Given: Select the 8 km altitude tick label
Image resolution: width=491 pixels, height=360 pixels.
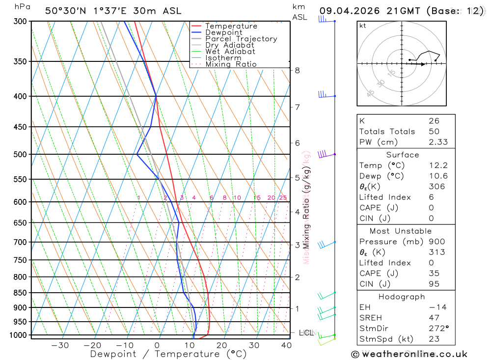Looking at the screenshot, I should pyautogui.click(x=298, y=70).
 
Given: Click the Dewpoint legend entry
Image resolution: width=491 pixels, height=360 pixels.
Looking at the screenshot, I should pyautogui.click(x=223, y=32).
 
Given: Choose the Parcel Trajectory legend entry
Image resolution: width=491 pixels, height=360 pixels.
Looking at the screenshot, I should pyautogui.click(x=241, y=39).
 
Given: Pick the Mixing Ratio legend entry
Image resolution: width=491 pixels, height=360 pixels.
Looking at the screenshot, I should pyautogui.click(x=231, y=64).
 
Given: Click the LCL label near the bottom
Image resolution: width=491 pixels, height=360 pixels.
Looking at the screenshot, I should pyautogui.click(x=306, y=333).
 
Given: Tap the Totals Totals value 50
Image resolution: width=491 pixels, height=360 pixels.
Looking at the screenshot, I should pyautogui.click(x=434, y=132).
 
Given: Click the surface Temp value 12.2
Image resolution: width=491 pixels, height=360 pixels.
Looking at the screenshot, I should pyautogui.click(x=438, y=166).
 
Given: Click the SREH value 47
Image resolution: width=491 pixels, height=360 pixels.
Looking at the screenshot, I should pyautogui.click(x=434, y=318).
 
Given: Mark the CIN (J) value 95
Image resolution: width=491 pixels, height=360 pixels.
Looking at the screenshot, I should pyautogui.click(x=434, y=284).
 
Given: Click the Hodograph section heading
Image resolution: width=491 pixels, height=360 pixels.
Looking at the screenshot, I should pyautogui.click(x=402, y=297).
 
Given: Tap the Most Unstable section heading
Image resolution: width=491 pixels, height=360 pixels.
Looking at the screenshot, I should pyautogui.click(x=401, y=231).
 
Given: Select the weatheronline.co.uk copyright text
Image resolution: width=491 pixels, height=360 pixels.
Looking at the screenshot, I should pyautogui.click(x=409, y=354).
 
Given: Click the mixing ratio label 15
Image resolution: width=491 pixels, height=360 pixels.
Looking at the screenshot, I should pyautogui.click(x=257, y=198).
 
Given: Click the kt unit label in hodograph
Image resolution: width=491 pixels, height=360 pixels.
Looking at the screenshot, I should pyautogui.click(x=362, y=26).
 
